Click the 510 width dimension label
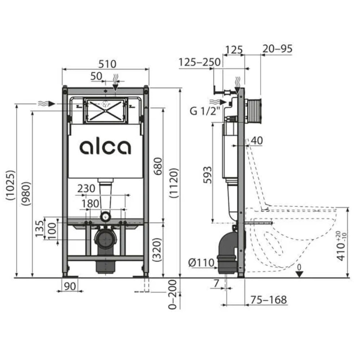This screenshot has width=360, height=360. pyautogui.click(x=107, y=64)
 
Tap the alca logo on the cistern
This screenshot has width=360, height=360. pyautogui.click(x=105, y=147)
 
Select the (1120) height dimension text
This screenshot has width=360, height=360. pyautogui.click(x=174, y=183)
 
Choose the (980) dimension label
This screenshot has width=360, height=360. pyautogui.click(x=26, y=194)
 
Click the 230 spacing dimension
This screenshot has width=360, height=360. pyautogui.click(x=86, y=189)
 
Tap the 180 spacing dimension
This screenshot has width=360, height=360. pyautogui.click(x=91, y=203)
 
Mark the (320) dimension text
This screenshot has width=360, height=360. pyautogui.click(x=158, y=250)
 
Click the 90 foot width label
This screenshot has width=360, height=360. pyautogui.click(x=70, y=286)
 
